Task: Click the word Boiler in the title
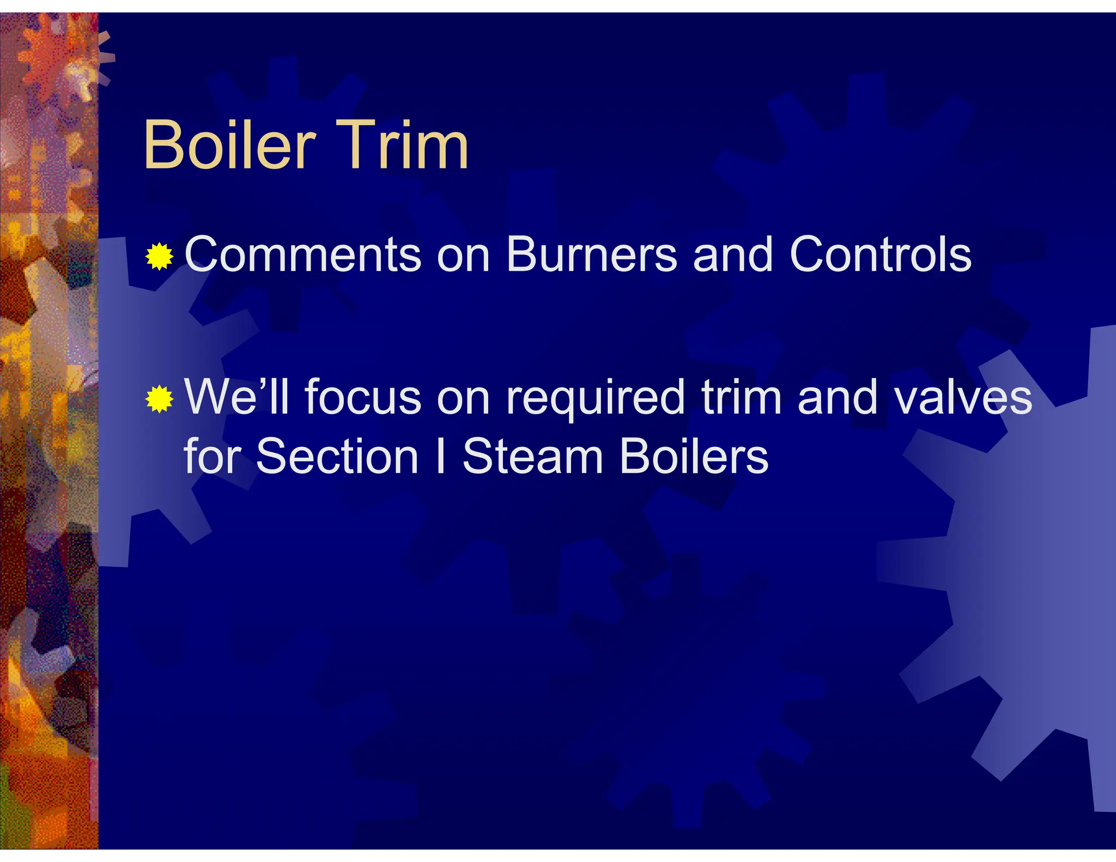(x=229, y=145)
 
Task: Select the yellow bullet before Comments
(x=160, y=256)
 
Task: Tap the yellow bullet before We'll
(x=160, y=399)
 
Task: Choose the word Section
(x=337, y=456)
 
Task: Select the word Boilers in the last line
(x=694, y=456)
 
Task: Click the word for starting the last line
(x=213, y=456)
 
